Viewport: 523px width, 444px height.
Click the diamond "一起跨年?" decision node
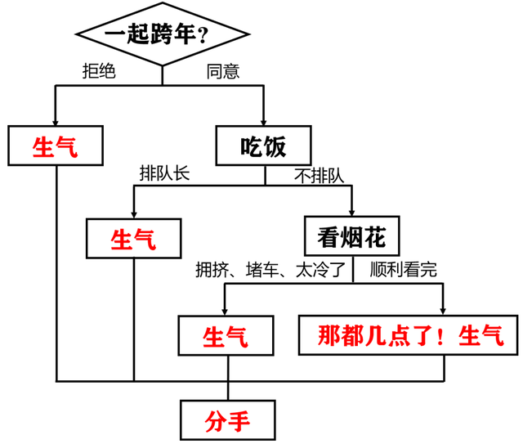click(163, 35)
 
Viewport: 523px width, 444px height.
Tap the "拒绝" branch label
click(99, 71)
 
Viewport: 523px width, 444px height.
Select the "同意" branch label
click(222, 71)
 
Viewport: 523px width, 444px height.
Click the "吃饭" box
click(265, 146)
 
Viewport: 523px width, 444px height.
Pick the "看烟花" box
click(351, 238)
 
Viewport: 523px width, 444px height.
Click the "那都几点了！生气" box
click(406, 335)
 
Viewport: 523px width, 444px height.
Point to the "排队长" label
click(163, 173)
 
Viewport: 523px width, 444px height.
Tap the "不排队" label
click(320, 174)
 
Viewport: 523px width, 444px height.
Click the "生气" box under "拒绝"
click(56, 146)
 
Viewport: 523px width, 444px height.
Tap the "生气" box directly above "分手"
click(226, 335)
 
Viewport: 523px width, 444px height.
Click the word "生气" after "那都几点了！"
click(482, 335)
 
